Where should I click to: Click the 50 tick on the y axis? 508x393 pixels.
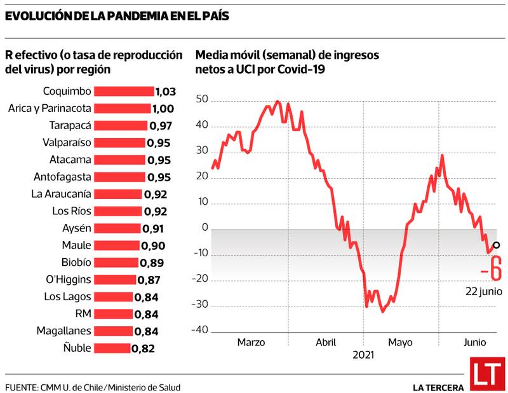203,100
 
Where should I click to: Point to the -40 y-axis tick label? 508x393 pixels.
200,329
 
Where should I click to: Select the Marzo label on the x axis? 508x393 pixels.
251,343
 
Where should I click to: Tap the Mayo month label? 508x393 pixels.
401,343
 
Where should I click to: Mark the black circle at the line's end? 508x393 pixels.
497,245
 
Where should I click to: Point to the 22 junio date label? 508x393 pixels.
484,291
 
